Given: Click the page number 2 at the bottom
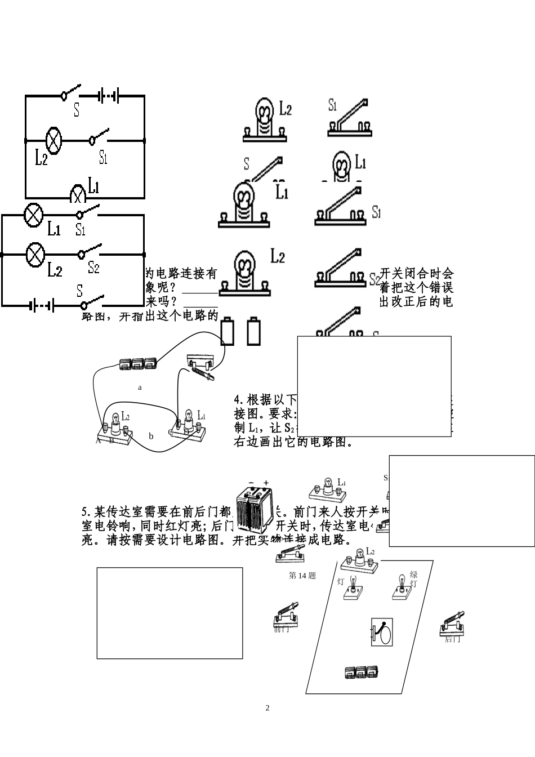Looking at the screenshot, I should [x=267, y=708].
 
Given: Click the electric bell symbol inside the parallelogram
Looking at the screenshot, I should [x=382, y=633].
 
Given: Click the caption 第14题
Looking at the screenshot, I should [x=302, y=576].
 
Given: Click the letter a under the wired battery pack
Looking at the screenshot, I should [x=140, y=388].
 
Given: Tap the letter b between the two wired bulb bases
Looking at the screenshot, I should [x=151, y=436].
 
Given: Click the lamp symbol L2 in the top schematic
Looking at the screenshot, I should [x=53, y=140].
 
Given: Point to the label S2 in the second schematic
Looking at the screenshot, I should [x=93, y=268].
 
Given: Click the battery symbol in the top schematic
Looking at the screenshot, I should [x=109, y=96].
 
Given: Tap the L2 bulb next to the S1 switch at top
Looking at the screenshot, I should [x=265, y=119].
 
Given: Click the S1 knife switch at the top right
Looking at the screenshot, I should [x=348, y=119].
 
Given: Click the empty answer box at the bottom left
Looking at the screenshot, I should [x=170, y=613].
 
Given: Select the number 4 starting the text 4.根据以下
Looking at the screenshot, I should [x=238, y=400].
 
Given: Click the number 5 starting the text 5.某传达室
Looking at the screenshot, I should [x=85, y=512].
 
